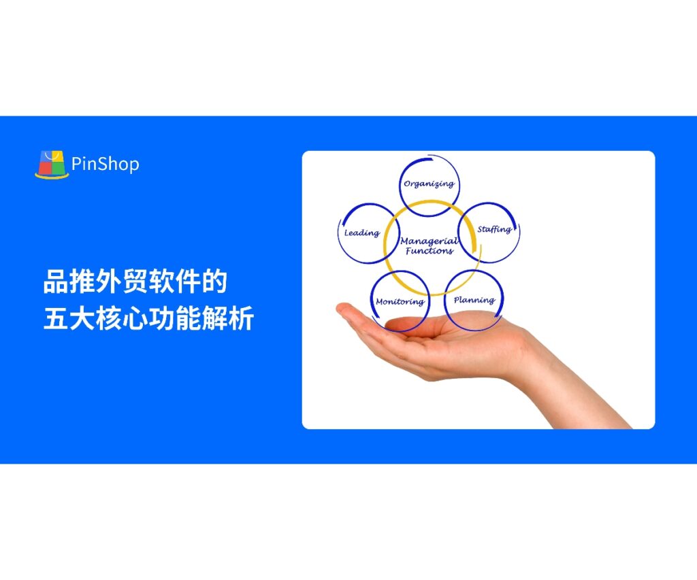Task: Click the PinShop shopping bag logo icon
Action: (x=52, y=165)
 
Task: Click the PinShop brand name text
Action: (x=106, y=165)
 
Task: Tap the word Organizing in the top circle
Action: (x=429, y=184)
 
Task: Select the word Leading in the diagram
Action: (x=362, y=233)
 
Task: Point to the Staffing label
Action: (x=494, y=229)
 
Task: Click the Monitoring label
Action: (x=400, y=302)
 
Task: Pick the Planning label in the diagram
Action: (x=474, y=301)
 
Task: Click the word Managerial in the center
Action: (x=429, y=241)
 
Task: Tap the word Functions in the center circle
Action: (x=429, y=251)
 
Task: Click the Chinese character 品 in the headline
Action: (x=56, y=281)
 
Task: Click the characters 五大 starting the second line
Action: (x=69, y=318)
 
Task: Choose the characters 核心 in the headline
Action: (x=123, y=318)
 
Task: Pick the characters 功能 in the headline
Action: (x=175, y=318)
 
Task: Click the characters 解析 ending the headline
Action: (x=227, y=318)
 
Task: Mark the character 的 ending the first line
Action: (x=214, y=281)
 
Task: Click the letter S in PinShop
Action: (x=101, y=164)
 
